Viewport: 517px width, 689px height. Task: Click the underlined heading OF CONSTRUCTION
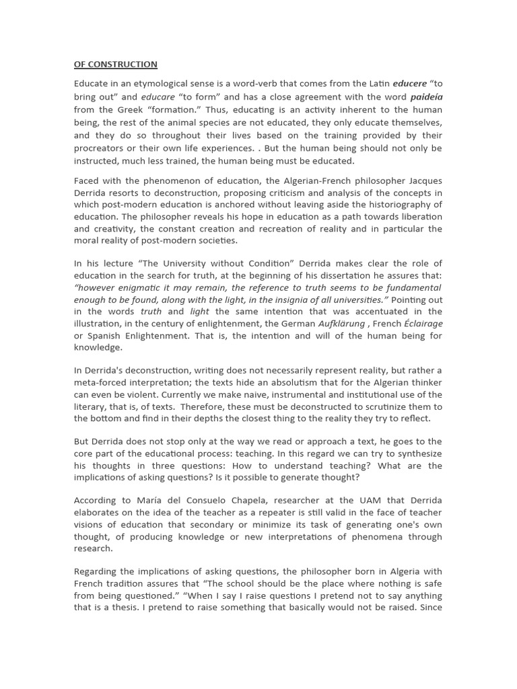(x=115, y=65)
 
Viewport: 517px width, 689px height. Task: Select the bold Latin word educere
(x=409, y=83)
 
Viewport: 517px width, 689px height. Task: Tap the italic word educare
(x=158, y=96)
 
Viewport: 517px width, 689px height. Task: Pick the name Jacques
(x=425, y=181)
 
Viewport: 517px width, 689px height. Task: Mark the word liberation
(x=419, y=217)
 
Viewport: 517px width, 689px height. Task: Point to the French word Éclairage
(x=423, y=324)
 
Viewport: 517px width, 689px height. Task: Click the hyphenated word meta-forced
(x=100, y=383)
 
